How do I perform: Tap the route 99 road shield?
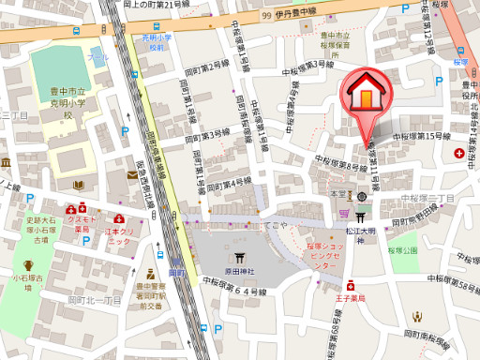[x=266, y=15]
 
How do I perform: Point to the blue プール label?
[x=97, y=58]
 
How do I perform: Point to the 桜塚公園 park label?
[x=403, y=250]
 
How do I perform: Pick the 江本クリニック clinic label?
[x=118, y=233]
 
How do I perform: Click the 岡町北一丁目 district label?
[x=94, y=301]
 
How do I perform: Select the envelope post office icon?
[x=132, y=174]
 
